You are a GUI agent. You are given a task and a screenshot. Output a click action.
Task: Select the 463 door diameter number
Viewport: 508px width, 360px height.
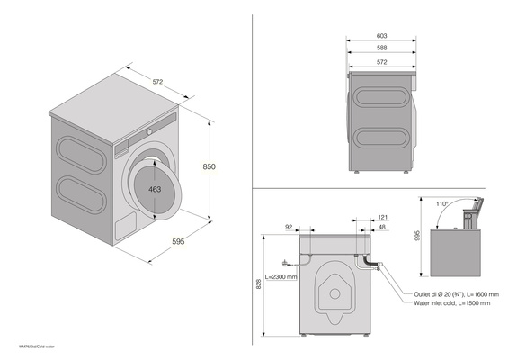pyautogui.click(x=156, y=190)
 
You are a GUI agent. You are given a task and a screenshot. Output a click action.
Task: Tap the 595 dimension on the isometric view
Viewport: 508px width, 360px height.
pyautogui.click(x=179, y=241)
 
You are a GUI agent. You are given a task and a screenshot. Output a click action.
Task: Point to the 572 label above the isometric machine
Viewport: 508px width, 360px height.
pyautogui.click(x=157, y=83)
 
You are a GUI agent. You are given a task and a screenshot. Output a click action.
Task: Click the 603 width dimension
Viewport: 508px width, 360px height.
pyautogui.click(x=382, y=38)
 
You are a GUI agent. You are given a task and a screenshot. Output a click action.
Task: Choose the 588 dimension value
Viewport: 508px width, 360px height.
pyautogui.click(x=382, y=49)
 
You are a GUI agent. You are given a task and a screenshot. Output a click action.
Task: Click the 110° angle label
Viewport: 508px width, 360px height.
pyautogui.click(x=443, y=203)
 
